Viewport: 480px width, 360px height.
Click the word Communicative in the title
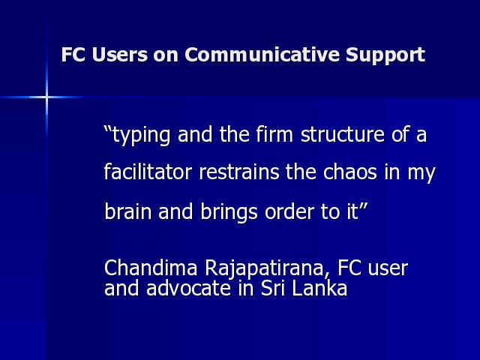click(x=262, y=55)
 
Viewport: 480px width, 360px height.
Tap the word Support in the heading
click(x=385, y=55)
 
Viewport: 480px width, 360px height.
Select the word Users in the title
click(x=120, y=55)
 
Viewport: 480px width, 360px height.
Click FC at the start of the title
click(x=73, y=55)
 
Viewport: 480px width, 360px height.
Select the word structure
click(x=343, y=134)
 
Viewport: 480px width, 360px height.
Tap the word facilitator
click(x=148, y=172)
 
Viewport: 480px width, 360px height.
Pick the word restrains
click(x=239, y=172)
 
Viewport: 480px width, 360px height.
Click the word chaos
click(x=350, y=172)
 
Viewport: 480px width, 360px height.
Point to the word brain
click(x=128, y=211)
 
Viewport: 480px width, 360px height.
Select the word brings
click(x=229, y=211)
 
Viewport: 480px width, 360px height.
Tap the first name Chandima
click(x=151, y=267)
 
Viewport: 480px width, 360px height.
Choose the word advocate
click(x=188, y=288)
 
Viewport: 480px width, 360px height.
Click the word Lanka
click(x=319, y=288)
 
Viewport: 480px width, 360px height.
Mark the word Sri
click(x=273, y=288)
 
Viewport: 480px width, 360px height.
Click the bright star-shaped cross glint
click(x=46, y=97)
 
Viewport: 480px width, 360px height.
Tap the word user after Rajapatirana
click(x=388, y=268)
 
